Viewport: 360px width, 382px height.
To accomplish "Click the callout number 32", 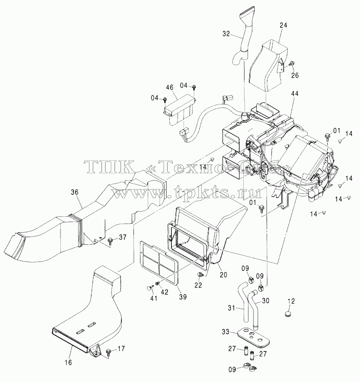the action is click(226, 33).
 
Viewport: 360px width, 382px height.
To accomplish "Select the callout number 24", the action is click(283, 25).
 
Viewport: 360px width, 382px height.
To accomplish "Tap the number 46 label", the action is click(170, 87).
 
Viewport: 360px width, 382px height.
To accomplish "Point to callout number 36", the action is click(75, 192).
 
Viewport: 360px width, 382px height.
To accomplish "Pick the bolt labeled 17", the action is click(109, 351).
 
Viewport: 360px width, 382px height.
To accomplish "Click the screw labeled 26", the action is click(291, 64).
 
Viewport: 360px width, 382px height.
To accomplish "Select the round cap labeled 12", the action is click(288, 313).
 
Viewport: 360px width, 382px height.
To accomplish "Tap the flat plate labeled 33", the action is click(253, 337).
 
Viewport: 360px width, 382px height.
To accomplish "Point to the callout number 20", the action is click(223, 275).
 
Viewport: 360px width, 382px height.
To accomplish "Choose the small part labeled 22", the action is click(200, 275).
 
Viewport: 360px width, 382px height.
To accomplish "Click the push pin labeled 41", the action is click(149, 288).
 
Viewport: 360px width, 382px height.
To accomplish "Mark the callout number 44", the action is click(294, 93).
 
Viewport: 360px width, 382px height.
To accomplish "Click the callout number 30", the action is click(266, 301).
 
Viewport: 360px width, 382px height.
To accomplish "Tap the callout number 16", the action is click(69, 362).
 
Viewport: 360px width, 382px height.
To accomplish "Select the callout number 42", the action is click(164, 292).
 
